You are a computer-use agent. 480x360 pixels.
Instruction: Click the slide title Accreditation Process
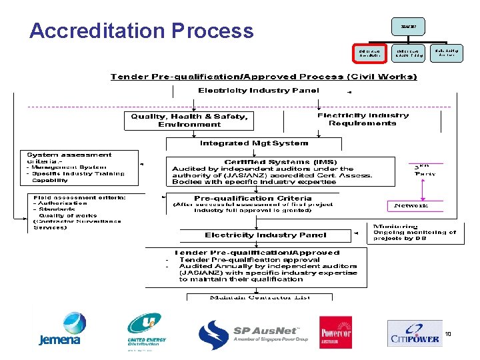pos(141,31)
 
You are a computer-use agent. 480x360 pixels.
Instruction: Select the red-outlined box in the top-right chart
pos(368,53)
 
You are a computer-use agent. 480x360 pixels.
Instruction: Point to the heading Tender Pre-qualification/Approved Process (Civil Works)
pos(263,77)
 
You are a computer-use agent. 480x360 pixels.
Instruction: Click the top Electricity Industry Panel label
pos(258,90)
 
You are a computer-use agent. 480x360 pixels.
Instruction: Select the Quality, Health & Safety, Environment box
pos(189,121)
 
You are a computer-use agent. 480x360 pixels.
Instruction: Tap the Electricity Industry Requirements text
pos(363,119)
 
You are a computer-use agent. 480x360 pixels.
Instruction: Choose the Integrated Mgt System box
pos(254,143)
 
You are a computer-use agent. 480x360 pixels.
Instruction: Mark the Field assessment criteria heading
pos(80,197)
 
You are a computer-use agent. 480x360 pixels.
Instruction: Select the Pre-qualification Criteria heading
pos(253,198)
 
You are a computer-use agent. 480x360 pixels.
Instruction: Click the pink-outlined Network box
pos(411,205)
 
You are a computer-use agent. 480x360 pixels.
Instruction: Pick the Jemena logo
pos(60,331)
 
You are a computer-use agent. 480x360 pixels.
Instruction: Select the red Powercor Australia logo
pos(335,332)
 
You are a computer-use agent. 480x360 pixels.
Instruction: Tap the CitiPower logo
pos(414,333)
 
